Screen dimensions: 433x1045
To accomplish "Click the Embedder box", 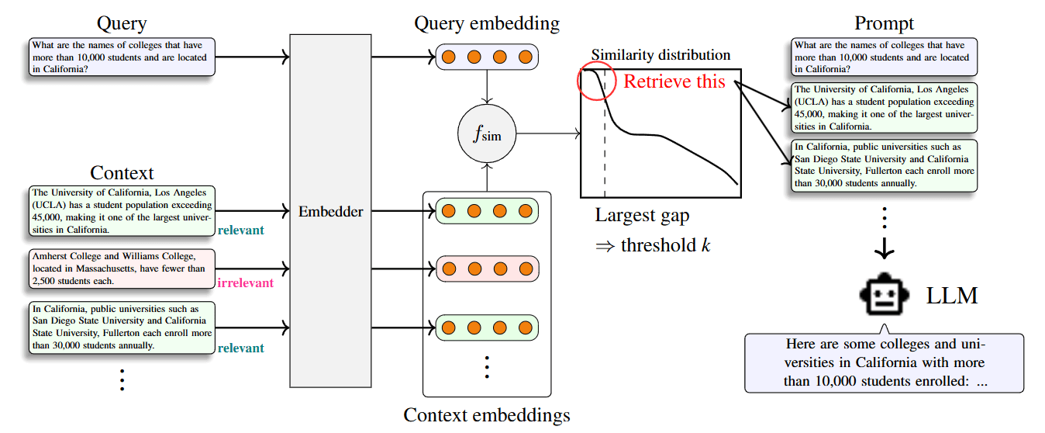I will [330, 211].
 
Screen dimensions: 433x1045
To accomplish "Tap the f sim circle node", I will [487, 135].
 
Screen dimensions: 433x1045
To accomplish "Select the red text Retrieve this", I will [674, 81].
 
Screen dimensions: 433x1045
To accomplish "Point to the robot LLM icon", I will [884, 296].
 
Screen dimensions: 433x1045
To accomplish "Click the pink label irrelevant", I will [246, 282].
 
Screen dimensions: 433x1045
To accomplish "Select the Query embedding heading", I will [487, 23].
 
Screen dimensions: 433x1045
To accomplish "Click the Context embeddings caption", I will [487, 415].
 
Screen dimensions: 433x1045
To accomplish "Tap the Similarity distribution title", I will [660, 55].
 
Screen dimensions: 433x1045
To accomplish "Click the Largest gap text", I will [642, 215].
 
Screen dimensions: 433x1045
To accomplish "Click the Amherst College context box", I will [121, 268].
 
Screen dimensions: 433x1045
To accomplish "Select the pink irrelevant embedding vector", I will [487, 268].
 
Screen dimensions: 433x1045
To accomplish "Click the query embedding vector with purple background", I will [487, 57].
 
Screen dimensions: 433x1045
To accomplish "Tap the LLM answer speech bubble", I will [885, 362].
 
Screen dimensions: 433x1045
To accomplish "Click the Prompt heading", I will [884, 23].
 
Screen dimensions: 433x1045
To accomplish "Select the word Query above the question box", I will [122, 23].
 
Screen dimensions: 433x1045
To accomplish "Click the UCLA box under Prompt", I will [885, 107].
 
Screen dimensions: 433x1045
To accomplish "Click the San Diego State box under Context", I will [121, 327].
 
